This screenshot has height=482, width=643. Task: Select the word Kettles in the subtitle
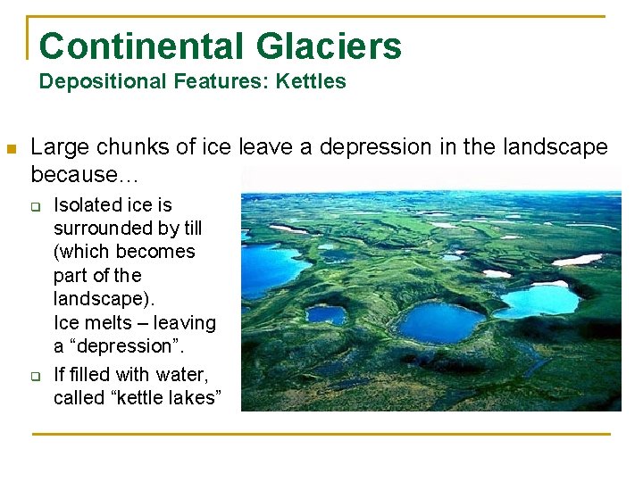pos(311,82)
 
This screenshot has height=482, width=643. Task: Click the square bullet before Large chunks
pos(12,148)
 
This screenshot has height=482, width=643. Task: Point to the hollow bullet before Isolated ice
pos(37,207)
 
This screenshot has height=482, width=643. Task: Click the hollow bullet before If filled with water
pos(37,375)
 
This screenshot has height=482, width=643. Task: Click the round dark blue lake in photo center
pos(440,322)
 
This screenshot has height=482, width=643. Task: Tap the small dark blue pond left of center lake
pos(326,315)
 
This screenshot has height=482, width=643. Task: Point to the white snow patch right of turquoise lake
pos(577,260)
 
